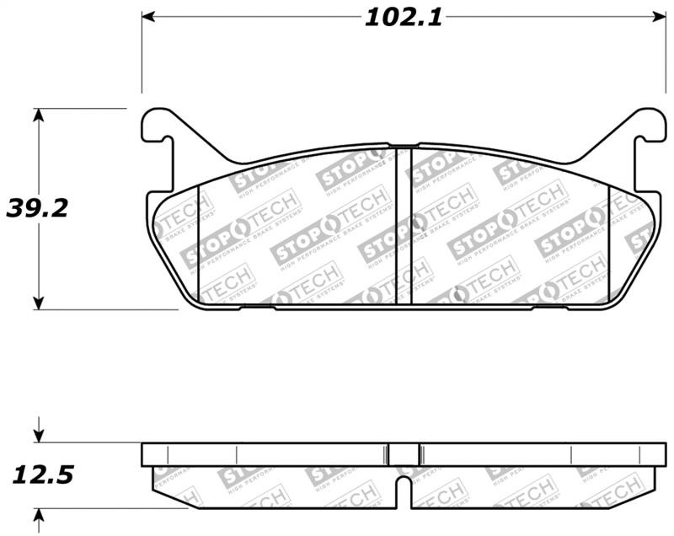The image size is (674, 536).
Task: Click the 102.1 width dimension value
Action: (403, 18)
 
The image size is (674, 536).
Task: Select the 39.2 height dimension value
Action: (37, 208)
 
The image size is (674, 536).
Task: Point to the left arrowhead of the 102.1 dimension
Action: (148, 17)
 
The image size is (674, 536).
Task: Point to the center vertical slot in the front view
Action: (403, 225)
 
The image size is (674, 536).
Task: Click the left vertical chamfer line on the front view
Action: (197, 244)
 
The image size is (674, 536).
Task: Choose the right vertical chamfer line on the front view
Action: (609, 244)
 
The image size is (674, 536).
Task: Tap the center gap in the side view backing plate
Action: (403, 454)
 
